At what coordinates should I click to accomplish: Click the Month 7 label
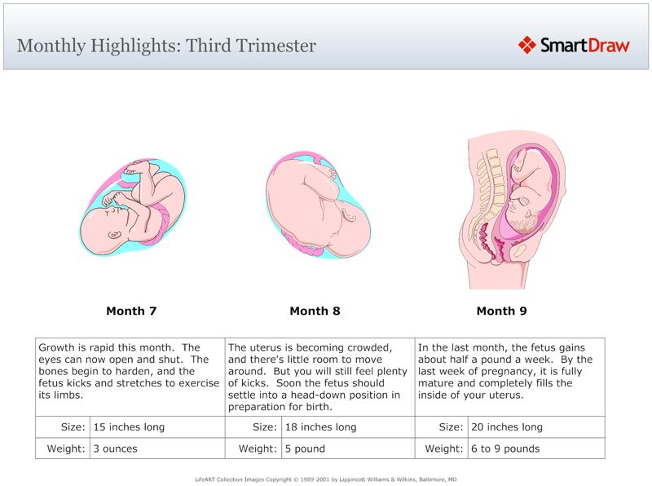[131, 311]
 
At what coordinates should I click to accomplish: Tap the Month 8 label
[315, 311]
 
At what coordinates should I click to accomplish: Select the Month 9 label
[501, 311]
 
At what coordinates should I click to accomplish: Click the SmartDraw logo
[575, 45]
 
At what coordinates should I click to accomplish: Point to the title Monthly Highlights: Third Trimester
[166, 46]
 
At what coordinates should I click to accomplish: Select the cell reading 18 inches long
[321, 427]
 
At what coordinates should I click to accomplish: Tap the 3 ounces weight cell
[116, 448]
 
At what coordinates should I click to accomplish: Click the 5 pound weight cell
[306, 448]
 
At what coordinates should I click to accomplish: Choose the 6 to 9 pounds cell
[505, 448]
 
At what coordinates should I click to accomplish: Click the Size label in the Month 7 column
[73, 427]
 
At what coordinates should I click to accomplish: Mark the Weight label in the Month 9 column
[444, 448]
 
